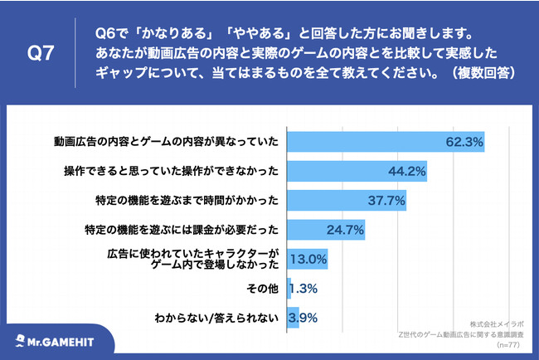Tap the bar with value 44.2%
(348, 171)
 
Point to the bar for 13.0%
(307, 259)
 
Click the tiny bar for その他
(289, 288)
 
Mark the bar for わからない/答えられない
(293, 317)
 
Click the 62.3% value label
(464, 142)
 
